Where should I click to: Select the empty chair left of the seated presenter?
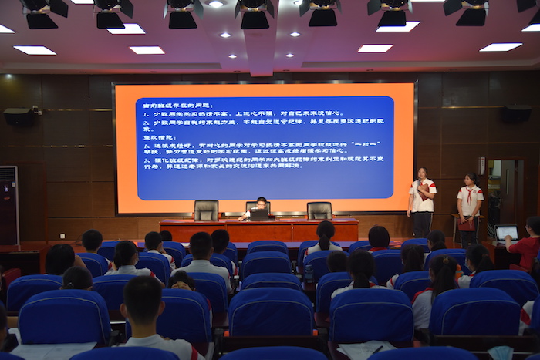pyautogui.click(x=206, y=210)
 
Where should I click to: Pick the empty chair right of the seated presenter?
pyautogui.click(x=319, y=210)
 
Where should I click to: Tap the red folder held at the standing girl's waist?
pyautogui.click(x=467, y=224)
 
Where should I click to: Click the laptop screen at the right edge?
pyautogui.click(x=506, y=232)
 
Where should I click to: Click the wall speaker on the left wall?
pyautogui.click(x=19, y=116)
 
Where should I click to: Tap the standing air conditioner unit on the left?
pyautogui.click(x=8, y=205)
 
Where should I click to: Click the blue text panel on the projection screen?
pyautogui.click(x=265, y=147)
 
